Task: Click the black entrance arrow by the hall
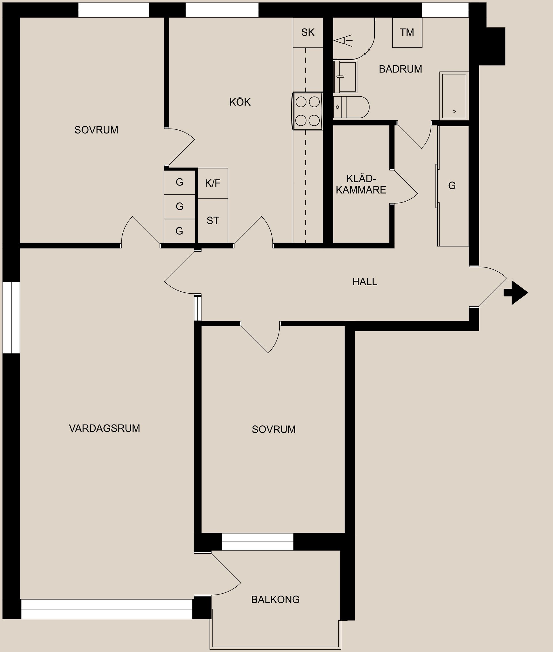point(517,293)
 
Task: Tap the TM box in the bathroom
point(407,32)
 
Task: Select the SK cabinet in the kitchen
point(308,32)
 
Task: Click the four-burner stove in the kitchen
point(308,111)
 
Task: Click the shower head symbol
point(343,41)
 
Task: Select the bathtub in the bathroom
point(454,96)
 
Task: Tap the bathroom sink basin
point(345,77)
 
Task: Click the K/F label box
point(213,183)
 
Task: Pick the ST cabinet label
point(213,221)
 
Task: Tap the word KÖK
point(240,102)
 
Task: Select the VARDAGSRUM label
point(104,428)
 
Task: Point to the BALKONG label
point(275,599)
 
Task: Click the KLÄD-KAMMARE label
point(361,184)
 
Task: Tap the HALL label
point(365,282)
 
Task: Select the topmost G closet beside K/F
point(179,182)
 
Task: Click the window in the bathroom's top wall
point(445,10)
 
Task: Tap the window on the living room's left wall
point(11,318)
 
